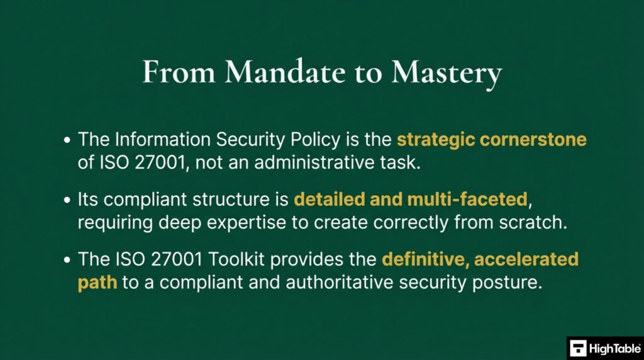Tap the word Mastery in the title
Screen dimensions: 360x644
coord(446,74)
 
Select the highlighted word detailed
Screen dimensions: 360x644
coord(328,200)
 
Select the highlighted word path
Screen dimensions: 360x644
coord(97,282)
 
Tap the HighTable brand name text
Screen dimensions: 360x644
coord(613,348)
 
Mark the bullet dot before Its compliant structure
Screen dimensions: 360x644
coord(68,200)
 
